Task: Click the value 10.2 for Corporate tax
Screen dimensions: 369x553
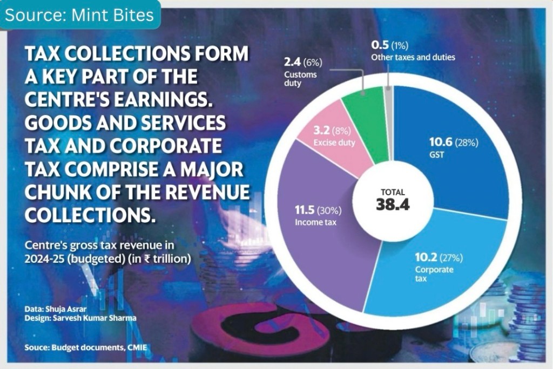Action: (x=427, y=257)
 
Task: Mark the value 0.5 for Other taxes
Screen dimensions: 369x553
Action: (x=379, y=45)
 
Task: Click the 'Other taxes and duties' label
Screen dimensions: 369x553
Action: (x=413, y=57)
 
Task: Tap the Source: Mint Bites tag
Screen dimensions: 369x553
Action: (x=79, y=15)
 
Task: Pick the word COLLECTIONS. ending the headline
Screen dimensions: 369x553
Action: (x=87, y=214)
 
